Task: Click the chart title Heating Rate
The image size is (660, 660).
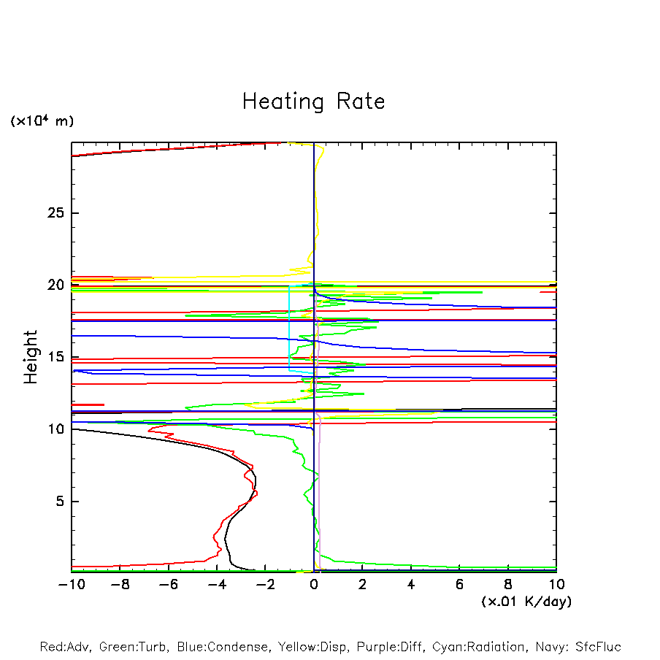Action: pos(313,101)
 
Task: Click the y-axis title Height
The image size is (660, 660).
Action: pos(31,357)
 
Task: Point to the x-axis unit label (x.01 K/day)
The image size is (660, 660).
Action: pos(526,601)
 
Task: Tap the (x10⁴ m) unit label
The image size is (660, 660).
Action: pos(42,120)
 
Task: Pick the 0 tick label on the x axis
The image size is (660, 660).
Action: pos(314,584)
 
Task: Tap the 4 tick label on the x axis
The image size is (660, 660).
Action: pos(411,584)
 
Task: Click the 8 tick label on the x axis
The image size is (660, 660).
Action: pos(508,584)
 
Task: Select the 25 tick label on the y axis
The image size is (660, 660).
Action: pos(58,213)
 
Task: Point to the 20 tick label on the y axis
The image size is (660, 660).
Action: pos(58,285)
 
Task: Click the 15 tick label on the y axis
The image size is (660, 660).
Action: pos(58,357)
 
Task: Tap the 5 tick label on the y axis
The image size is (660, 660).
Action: pos(62,502)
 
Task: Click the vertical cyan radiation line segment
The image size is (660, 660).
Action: pos(289,329)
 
